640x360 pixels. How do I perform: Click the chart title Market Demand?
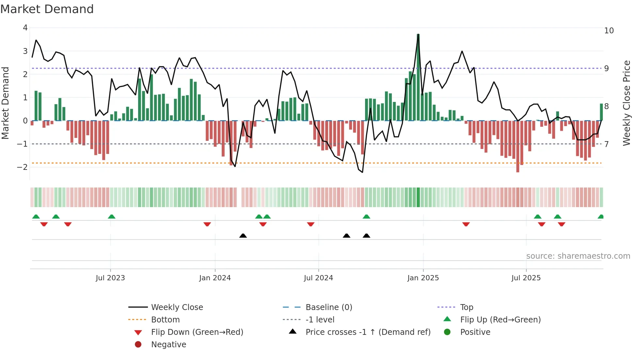[47, 9]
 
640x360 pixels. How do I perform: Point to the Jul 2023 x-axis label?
[110, 278]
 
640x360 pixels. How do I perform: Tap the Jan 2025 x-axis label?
[423, 278]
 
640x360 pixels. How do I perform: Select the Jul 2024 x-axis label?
[318, 278]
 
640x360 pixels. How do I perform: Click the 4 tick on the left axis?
[25, 28]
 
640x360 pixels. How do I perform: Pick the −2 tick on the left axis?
[23, 167]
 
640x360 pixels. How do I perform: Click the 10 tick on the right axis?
[609, 31]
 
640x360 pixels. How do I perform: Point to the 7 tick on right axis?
[606, 144]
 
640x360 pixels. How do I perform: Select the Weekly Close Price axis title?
[626, 103]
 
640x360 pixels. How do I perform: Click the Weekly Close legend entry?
[177, 307]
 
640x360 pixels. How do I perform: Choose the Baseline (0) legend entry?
[328, 307]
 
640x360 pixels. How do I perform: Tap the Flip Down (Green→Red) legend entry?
[197, 332]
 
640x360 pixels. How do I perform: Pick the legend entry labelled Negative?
[168, 344]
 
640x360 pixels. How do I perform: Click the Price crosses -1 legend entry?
[368, 332]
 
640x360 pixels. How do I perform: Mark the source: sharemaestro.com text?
[578, 256]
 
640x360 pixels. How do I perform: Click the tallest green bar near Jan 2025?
[418, 77]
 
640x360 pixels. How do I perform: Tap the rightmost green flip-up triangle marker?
[600, 217]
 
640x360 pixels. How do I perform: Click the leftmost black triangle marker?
[243, 236]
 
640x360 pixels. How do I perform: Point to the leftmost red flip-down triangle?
[44, 224]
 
